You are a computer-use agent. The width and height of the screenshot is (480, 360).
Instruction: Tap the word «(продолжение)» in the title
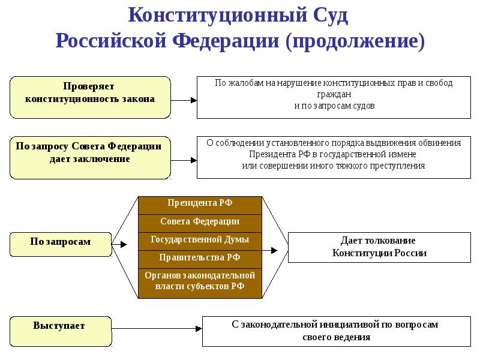click(x=356, y=41)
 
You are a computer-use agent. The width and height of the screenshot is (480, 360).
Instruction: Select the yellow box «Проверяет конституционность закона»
click(x=90, y=97)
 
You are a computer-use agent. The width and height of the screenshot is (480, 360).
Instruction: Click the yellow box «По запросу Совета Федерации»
click(x=90, y=157)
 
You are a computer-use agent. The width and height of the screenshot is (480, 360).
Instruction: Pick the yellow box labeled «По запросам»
click(x=61, y=244)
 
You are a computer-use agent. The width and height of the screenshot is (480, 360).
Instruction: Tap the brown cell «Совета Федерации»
click(x=200, y=223)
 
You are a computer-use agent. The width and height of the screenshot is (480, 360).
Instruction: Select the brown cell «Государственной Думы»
click(x=200, y=241)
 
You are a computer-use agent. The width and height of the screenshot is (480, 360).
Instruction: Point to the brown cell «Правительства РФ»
click(x=200, y=259)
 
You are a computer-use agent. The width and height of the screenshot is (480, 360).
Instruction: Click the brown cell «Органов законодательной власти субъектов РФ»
click(x=200, y=282)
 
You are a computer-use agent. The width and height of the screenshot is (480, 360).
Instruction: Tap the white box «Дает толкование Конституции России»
click(x=379, y=247)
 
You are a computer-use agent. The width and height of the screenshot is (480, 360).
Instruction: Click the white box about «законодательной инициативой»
click(x=335, y=331)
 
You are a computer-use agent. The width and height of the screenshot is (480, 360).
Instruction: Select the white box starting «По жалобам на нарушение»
click(x=334, y=97)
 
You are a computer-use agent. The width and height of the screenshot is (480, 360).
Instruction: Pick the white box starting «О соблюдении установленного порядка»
click(x=334, y=157)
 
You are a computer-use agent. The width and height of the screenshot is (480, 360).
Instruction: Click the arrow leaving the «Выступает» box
click(x=156, y=328)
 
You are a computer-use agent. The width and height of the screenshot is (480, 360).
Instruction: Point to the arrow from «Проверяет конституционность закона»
click(x=184, y=100)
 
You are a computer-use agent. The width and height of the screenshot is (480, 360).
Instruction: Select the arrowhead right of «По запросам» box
click(x=123, y=244)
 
